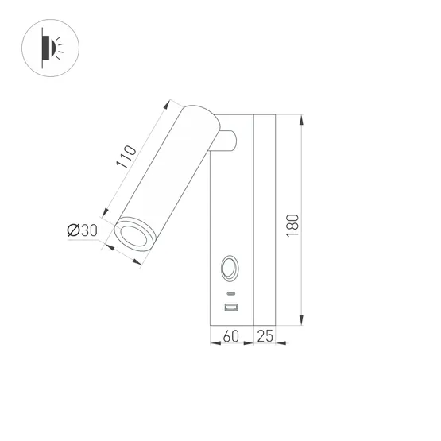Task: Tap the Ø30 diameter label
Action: tap(82, 230)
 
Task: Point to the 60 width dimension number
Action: tap(230, 338)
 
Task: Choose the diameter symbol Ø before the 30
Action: tap(72, 230)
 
